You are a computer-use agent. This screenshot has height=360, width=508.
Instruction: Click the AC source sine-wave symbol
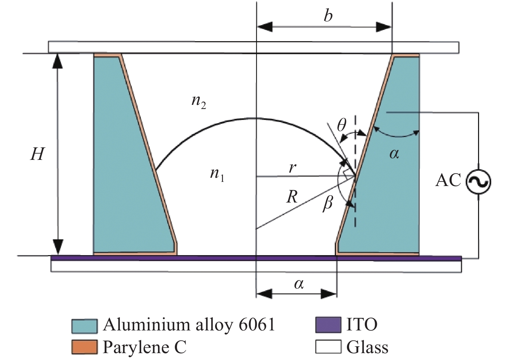(478, 182)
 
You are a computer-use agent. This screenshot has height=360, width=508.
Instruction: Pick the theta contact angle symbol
(341, 126)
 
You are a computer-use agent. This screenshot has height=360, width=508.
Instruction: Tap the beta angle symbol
(328, 204)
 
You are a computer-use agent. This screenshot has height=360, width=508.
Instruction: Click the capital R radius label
(292, 197)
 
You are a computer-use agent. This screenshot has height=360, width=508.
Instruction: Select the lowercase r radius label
(292, 167)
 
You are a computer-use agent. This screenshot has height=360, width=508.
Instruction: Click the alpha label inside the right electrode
(394, 154)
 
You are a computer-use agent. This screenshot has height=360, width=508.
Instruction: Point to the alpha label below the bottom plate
(299, 284)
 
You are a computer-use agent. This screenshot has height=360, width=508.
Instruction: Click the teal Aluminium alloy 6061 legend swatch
(84, 326)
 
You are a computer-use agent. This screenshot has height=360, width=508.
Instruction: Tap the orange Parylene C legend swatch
(84, 347)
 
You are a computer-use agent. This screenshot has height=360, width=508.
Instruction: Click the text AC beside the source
(448, 180)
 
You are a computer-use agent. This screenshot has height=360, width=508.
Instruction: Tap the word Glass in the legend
(367, 347)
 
